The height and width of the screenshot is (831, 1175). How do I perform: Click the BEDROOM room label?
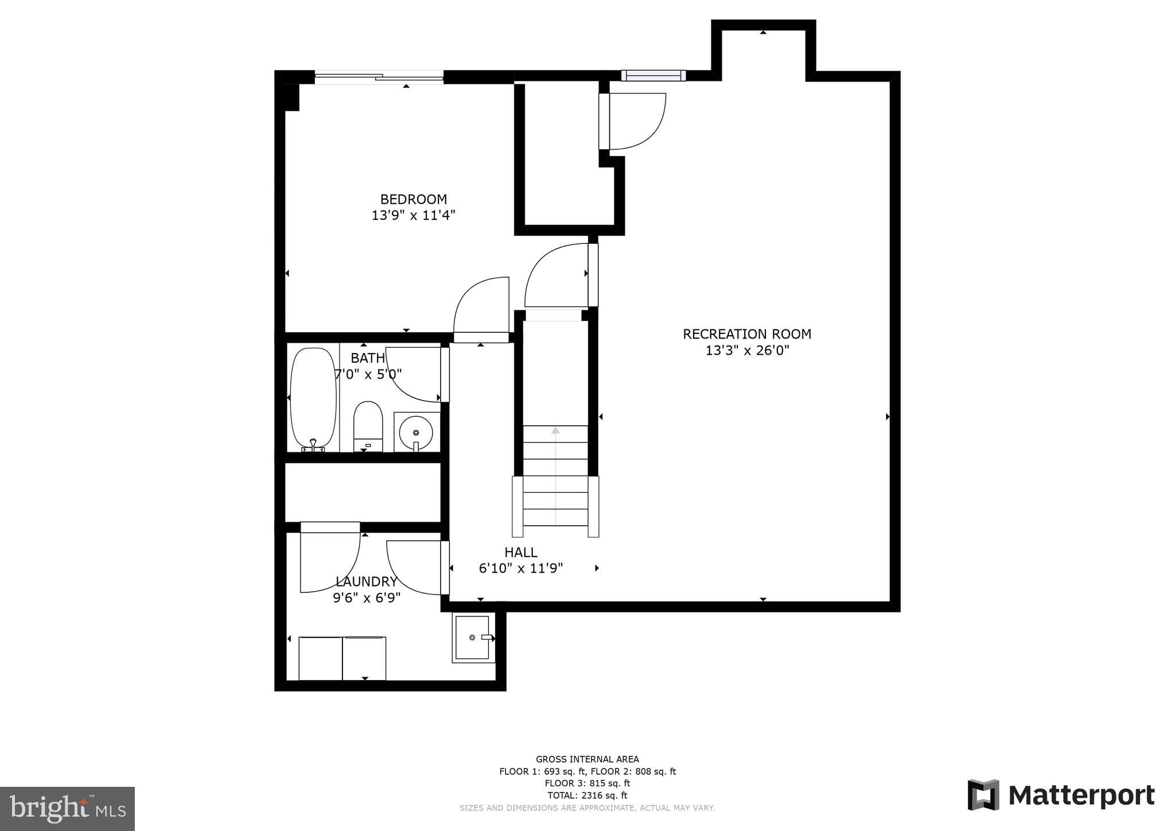413,199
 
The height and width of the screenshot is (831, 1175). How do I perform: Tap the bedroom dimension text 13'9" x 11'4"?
413,216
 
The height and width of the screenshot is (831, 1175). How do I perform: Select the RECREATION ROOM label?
746,334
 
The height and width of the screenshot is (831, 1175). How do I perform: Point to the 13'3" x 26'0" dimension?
747,350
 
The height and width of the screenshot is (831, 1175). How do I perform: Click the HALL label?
520,552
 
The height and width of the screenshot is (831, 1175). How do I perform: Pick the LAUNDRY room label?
366,581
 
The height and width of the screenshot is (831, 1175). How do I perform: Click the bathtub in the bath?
313,398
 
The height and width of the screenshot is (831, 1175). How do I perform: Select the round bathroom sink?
416,432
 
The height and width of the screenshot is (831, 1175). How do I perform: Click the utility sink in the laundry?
472,637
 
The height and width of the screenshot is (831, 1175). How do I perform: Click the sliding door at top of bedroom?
379,77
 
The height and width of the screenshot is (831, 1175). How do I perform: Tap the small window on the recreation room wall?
653,76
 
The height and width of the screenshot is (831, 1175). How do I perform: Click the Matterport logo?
1061,795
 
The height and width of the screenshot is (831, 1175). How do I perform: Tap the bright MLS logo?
67,809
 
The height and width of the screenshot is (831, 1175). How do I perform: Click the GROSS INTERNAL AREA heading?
587,759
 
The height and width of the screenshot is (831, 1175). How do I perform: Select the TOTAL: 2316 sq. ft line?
587,795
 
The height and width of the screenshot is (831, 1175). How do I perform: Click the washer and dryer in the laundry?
342,658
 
